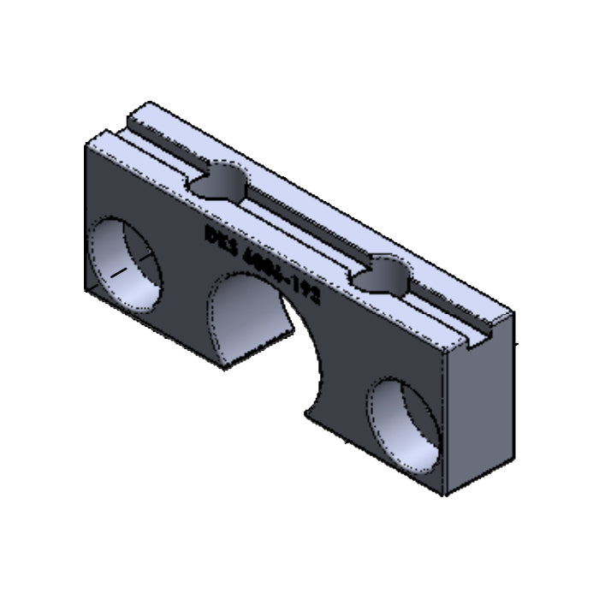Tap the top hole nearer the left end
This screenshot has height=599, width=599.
pyautogui.click(x=218, y=182)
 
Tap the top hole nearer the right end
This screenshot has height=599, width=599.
pyautogui.click(x=381, y=276)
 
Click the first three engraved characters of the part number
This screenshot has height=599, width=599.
pyautogui.click(x=218, y=237)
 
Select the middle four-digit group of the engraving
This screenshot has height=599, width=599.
pyautogui.click(x=258, y=261)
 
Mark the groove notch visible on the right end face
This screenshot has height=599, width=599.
pyautogui.click(x=479, y=339)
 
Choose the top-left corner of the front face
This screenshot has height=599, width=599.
pyautogui.click(x=86, y=146)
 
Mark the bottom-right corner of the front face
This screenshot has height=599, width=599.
pyautogui.click(x=444, y=495)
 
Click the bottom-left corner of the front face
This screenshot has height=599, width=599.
pyautogui.click(x=86, y=291)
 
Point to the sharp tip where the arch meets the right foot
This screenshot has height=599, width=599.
pyautogui.click(x=305, y=416)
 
